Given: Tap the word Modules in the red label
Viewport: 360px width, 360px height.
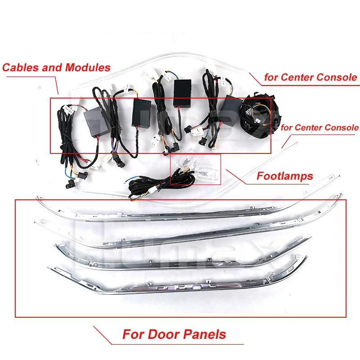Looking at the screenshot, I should click(88, 68).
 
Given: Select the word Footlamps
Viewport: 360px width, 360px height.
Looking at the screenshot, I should click(284, 176).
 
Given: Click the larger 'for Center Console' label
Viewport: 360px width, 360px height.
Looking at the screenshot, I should click(310, 77).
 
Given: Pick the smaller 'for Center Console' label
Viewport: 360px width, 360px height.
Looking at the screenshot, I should click(319, 128).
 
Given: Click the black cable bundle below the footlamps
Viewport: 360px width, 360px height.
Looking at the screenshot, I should click(144, 189).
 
